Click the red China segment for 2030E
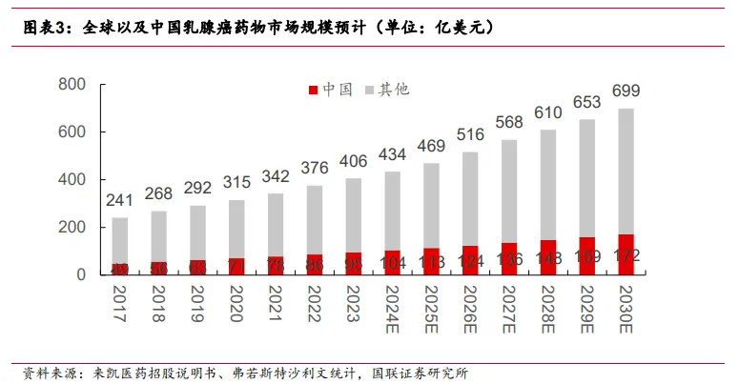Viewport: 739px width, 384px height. point(625,254)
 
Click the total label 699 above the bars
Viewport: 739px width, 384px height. point(626,91)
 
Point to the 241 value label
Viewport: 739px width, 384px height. point(119,201)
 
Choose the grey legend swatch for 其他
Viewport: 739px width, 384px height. point(369,91)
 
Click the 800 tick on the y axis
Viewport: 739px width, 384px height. point(72,85)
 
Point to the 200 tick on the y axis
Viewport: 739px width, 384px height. point(72,227)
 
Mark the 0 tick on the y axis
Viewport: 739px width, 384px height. point(81,274)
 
